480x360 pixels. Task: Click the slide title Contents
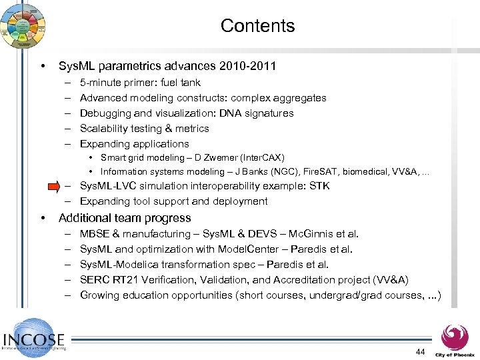tap(257, 26)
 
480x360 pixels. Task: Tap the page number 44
tap(420, 351)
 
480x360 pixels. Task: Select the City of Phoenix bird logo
tap(455, 336)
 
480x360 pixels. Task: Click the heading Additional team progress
tap(125, 218)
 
